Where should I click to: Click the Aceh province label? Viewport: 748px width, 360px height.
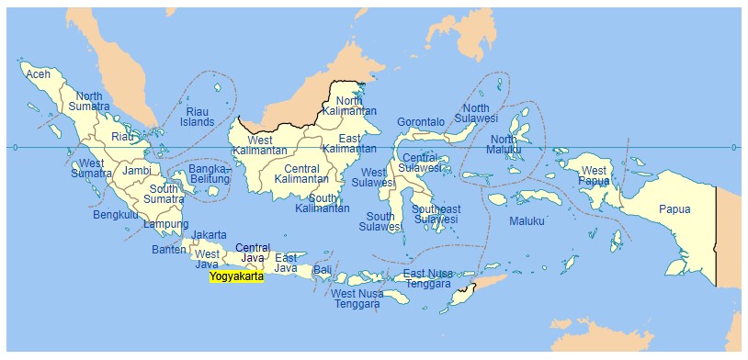(38, 74)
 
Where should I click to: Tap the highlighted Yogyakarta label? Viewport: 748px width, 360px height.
(236, 276)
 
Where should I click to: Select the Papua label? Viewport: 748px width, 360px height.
(674, 209)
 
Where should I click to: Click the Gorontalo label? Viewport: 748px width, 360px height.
(421, 122)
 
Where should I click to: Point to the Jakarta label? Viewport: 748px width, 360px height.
(210, 235)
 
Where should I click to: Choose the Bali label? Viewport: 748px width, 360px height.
(322, 270)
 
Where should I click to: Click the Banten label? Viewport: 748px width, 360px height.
(168, 250)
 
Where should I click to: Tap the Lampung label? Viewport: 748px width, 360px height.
(166, 225)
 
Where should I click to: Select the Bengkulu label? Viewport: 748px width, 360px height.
(116, 216)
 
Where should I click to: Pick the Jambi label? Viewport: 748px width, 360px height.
(137, 171)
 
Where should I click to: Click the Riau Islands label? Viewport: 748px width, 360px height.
(197, 116)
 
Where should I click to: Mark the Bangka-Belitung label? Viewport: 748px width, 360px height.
(210, 174)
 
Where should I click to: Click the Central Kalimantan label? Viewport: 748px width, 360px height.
(301, 174)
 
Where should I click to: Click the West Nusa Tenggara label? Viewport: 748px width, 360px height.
(356, 299)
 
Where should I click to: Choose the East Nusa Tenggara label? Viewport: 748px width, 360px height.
(428, 279)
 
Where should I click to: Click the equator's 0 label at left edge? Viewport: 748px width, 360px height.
(14, 147)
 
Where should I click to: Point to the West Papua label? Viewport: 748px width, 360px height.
(594, 176)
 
